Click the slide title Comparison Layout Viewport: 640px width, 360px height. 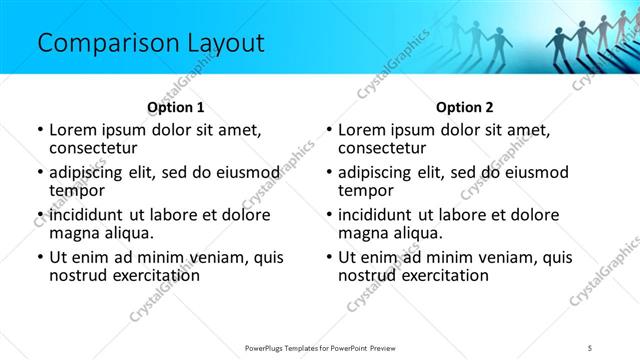click(150, 43)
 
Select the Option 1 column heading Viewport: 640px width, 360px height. click(175, 107)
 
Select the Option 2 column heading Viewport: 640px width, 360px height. click(464, 107)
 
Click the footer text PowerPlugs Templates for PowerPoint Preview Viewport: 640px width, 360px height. click(319, 347)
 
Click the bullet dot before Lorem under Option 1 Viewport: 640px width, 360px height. click(40, 130)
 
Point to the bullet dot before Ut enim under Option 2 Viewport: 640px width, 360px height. click(329, 257)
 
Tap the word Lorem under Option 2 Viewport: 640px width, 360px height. click(361, 130)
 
